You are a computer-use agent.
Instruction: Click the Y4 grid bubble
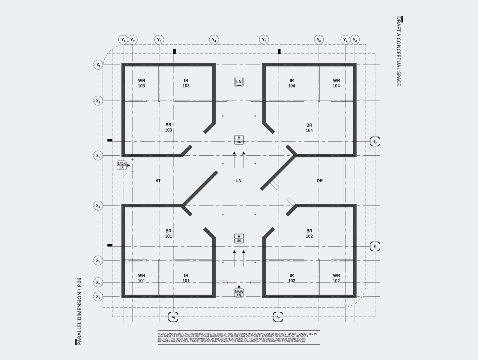point(214,40)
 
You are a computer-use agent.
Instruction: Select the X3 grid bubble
point(98,156)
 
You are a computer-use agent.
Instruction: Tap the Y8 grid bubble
point(355,40)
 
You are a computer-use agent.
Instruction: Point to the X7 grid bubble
point(98,297)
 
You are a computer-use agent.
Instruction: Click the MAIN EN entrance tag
point(239,293)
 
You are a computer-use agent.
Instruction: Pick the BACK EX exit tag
point(121,165)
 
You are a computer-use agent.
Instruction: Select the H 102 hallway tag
point(239,140)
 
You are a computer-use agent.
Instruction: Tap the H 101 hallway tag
point(239,238)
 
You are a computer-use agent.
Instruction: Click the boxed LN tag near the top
point(239,82)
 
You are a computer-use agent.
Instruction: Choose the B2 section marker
point(375,141)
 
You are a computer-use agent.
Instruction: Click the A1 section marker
point(173,317)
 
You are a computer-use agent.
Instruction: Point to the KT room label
point(158,181)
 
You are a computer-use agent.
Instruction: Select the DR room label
point(320,181)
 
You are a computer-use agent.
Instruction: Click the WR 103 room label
point(142,83)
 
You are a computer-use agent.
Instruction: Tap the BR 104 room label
point(309,128)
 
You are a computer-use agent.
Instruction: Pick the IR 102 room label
point(292,278)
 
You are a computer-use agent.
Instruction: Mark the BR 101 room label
point(169,233)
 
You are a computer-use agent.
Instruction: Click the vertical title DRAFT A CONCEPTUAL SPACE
point(399,51)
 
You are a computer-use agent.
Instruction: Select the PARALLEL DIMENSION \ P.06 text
point(79,311)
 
